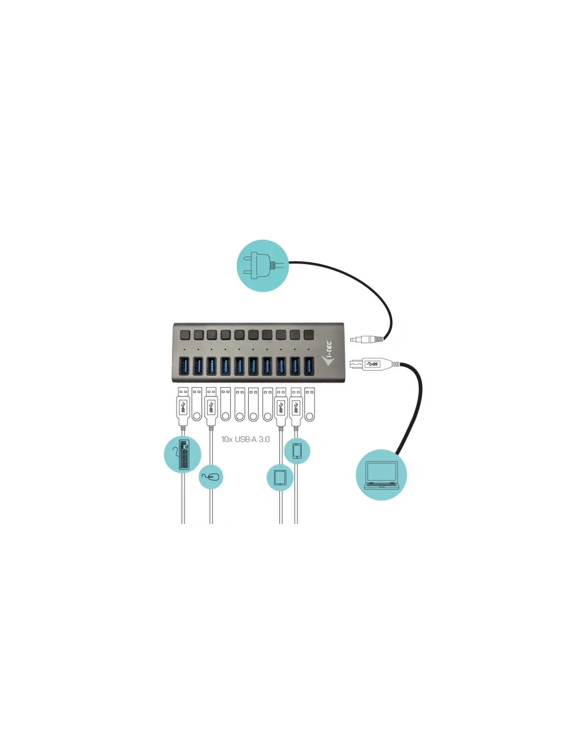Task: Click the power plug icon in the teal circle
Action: tap(262, 265)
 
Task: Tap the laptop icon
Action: tap(381, 475)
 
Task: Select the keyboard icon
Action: tap(183, 455)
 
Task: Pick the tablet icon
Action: tap(280, 477)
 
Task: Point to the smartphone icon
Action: tap(297, 451)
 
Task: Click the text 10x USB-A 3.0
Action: tap(246, 440)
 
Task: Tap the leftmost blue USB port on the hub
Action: tap(184, 366)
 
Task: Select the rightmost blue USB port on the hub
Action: tap(309, 366)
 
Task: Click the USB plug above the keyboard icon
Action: tap(183, 407)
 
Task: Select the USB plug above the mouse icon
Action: tap(211, 407)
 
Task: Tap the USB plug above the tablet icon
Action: tap(281, 407)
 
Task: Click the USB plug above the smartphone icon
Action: tap(296, 407)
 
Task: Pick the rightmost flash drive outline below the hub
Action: tap(309, 404)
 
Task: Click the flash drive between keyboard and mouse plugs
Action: tap(197, 404)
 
